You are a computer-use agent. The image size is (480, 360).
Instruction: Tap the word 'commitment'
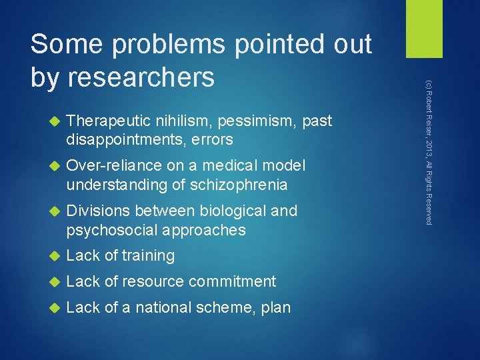coord(232,282)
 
